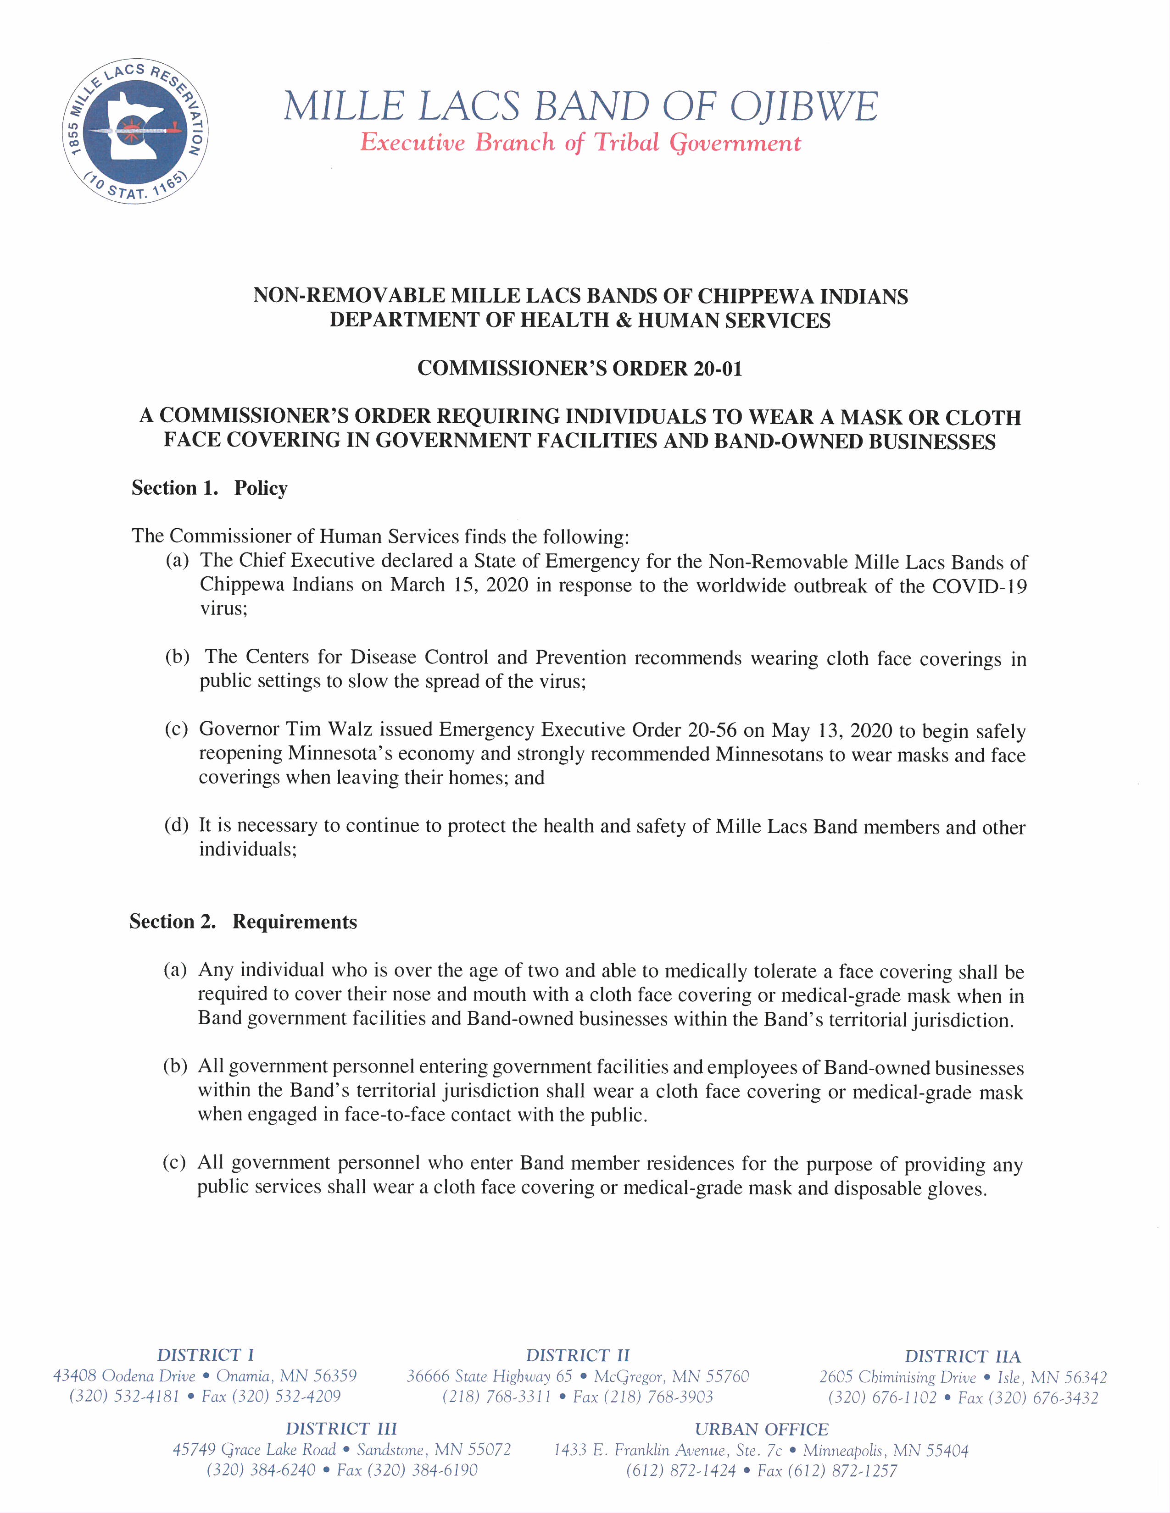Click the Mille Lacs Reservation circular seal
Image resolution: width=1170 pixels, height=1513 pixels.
pyautogui.click(x=136, y=131)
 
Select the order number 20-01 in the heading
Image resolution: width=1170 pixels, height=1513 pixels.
pyautogui.click(x=718, y=369)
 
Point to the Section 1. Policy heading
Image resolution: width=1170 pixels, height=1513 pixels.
pyautogui.click(x=209, y=488)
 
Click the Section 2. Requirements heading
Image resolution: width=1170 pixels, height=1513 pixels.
pyautogui.click(x=243, y=922)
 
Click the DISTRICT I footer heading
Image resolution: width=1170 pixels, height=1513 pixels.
pyautogui.click(x=205, y=1355)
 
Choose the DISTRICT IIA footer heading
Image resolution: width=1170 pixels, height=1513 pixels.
pyautogui.click(x=962, y=1357)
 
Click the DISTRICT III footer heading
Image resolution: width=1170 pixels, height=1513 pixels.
pyautogui.click(x=341, y=1429)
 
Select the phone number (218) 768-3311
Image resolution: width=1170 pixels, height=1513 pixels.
pyautogui.click(x=496, y=1397)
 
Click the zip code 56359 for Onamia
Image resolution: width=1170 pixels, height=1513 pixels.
pyautogui.click(x=335, y=1376)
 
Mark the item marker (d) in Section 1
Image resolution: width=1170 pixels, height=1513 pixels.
pyautogui.click(x=176, y=825)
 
